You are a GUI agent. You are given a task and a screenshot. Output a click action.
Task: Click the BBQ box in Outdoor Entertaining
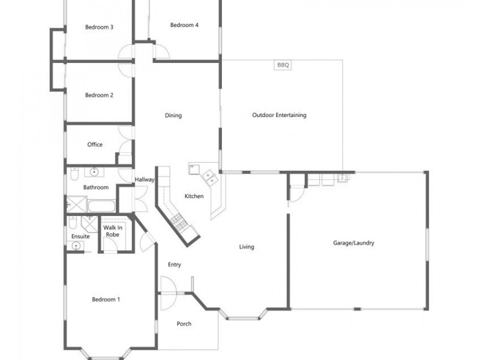(283, 65)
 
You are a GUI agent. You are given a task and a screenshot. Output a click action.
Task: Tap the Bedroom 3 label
(99, 27)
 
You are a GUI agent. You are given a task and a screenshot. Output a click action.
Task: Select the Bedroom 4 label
(184, 25)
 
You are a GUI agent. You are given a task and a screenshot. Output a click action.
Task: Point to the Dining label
(173, 115)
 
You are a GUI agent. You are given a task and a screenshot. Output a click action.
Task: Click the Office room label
(95, 145)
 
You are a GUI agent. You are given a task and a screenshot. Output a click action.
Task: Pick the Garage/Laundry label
(353, 243)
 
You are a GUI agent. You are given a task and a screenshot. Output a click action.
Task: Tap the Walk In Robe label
(113, 231)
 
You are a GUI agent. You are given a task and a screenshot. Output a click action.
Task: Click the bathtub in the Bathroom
(101, 206)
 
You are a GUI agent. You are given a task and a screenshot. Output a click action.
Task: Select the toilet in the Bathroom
(74, 173)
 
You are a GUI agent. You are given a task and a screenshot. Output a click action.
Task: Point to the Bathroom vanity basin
(94, 172)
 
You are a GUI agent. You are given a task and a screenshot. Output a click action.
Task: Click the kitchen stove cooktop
(179, 222)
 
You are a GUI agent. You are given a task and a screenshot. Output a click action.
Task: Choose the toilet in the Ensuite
(73, 223)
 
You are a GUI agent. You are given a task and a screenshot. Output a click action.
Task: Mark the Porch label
(184, 323)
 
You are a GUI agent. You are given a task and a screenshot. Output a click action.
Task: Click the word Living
(247, 247)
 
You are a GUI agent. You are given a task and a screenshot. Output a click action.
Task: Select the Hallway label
(145, 179)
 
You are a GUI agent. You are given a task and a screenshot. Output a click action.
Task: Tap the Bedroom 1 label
(106, 299)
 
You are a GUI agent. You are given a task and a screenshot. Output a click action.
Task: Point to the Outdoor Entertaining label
(279, 115)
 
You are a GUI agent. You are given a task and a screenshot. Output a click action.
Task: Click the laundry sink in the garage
(341, 177)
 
